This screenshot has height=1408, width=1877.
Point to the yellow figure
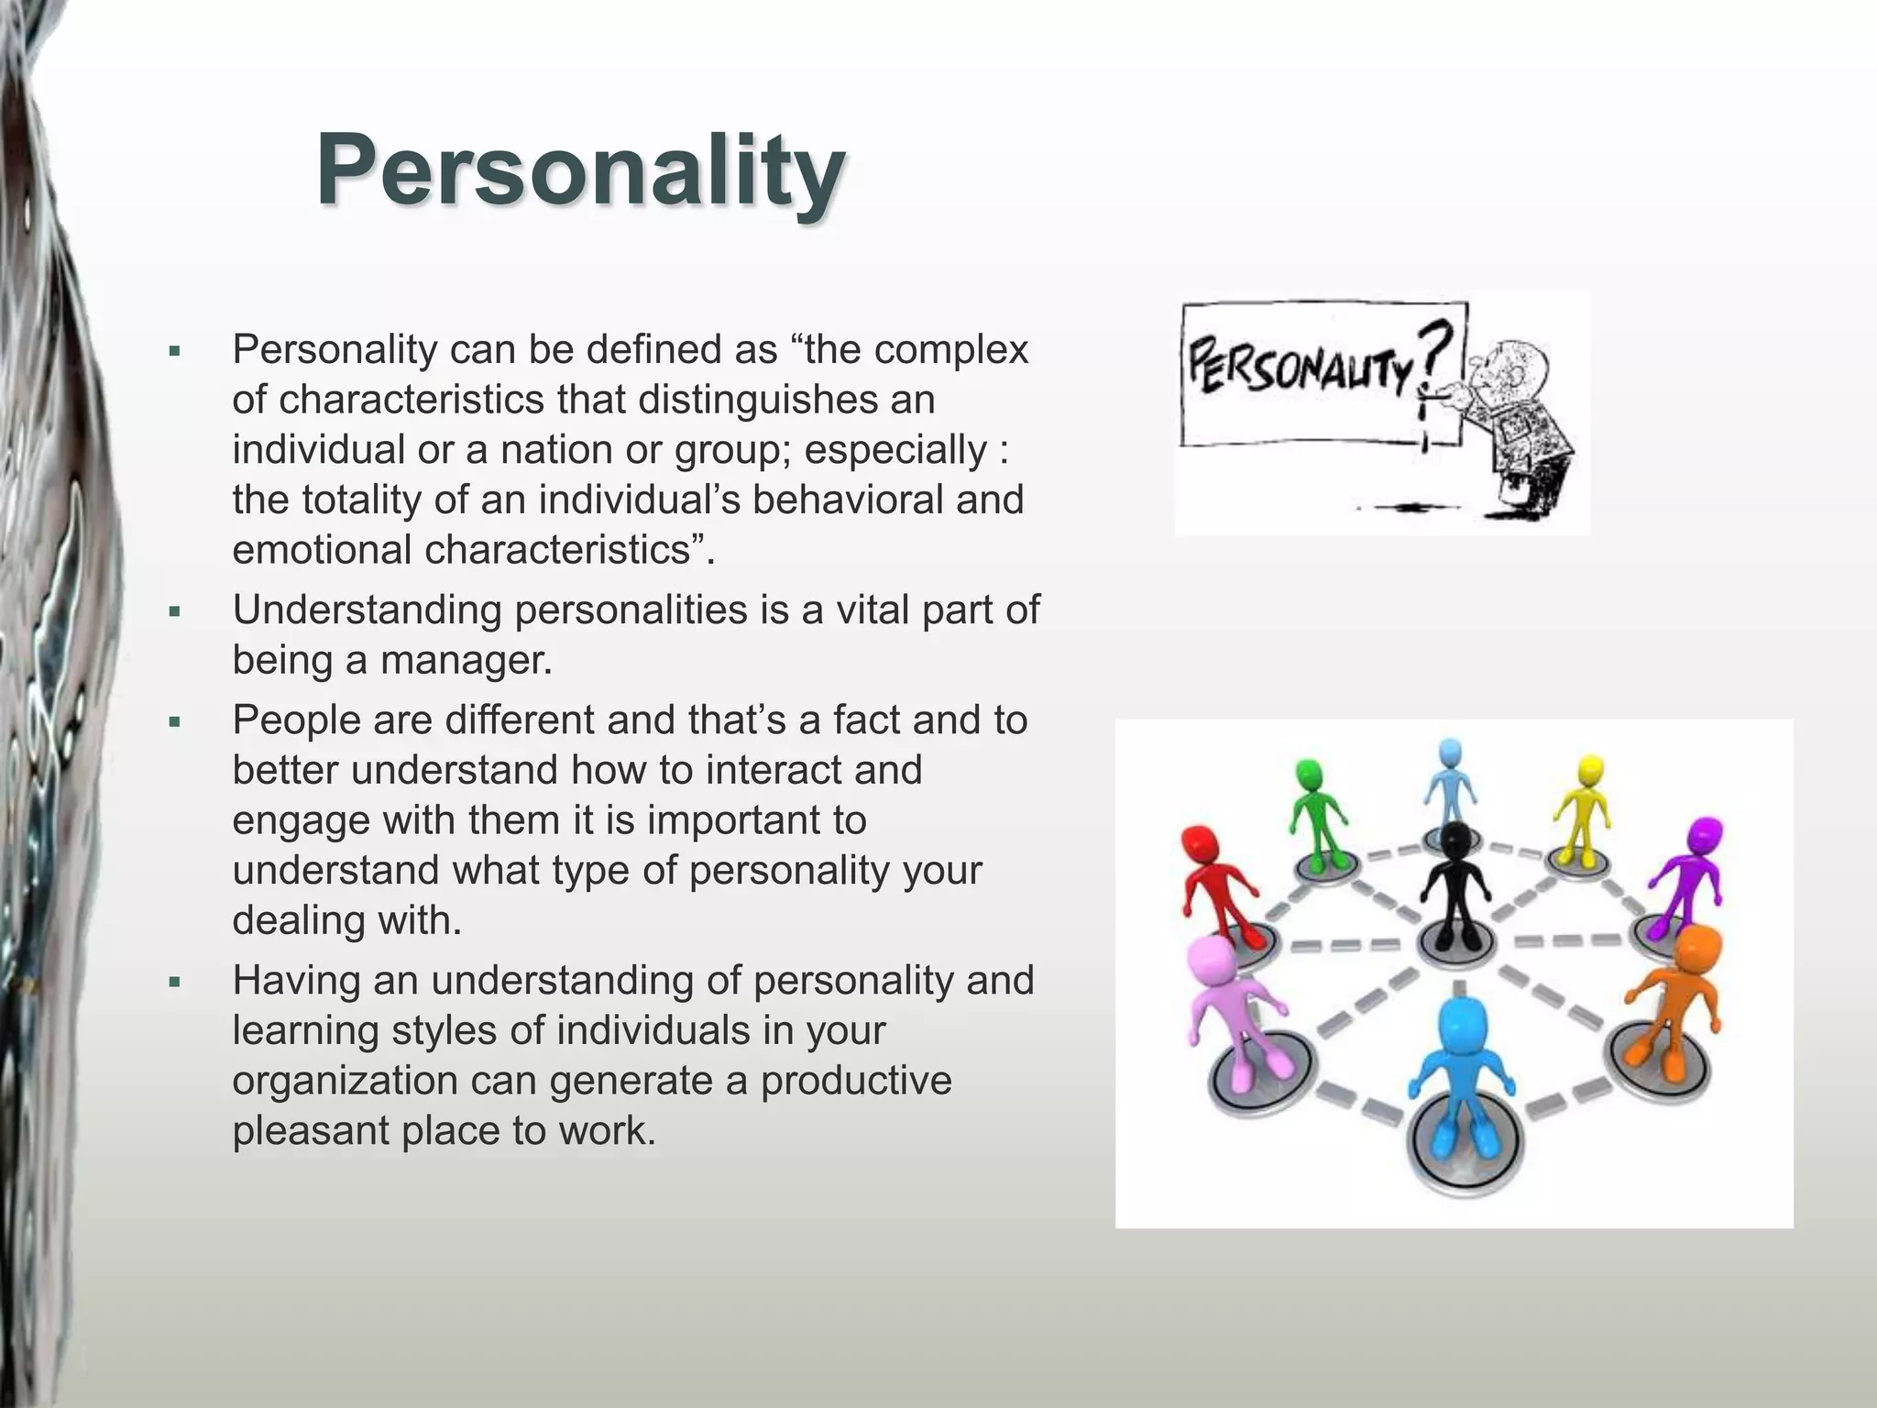(1584, 807)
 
